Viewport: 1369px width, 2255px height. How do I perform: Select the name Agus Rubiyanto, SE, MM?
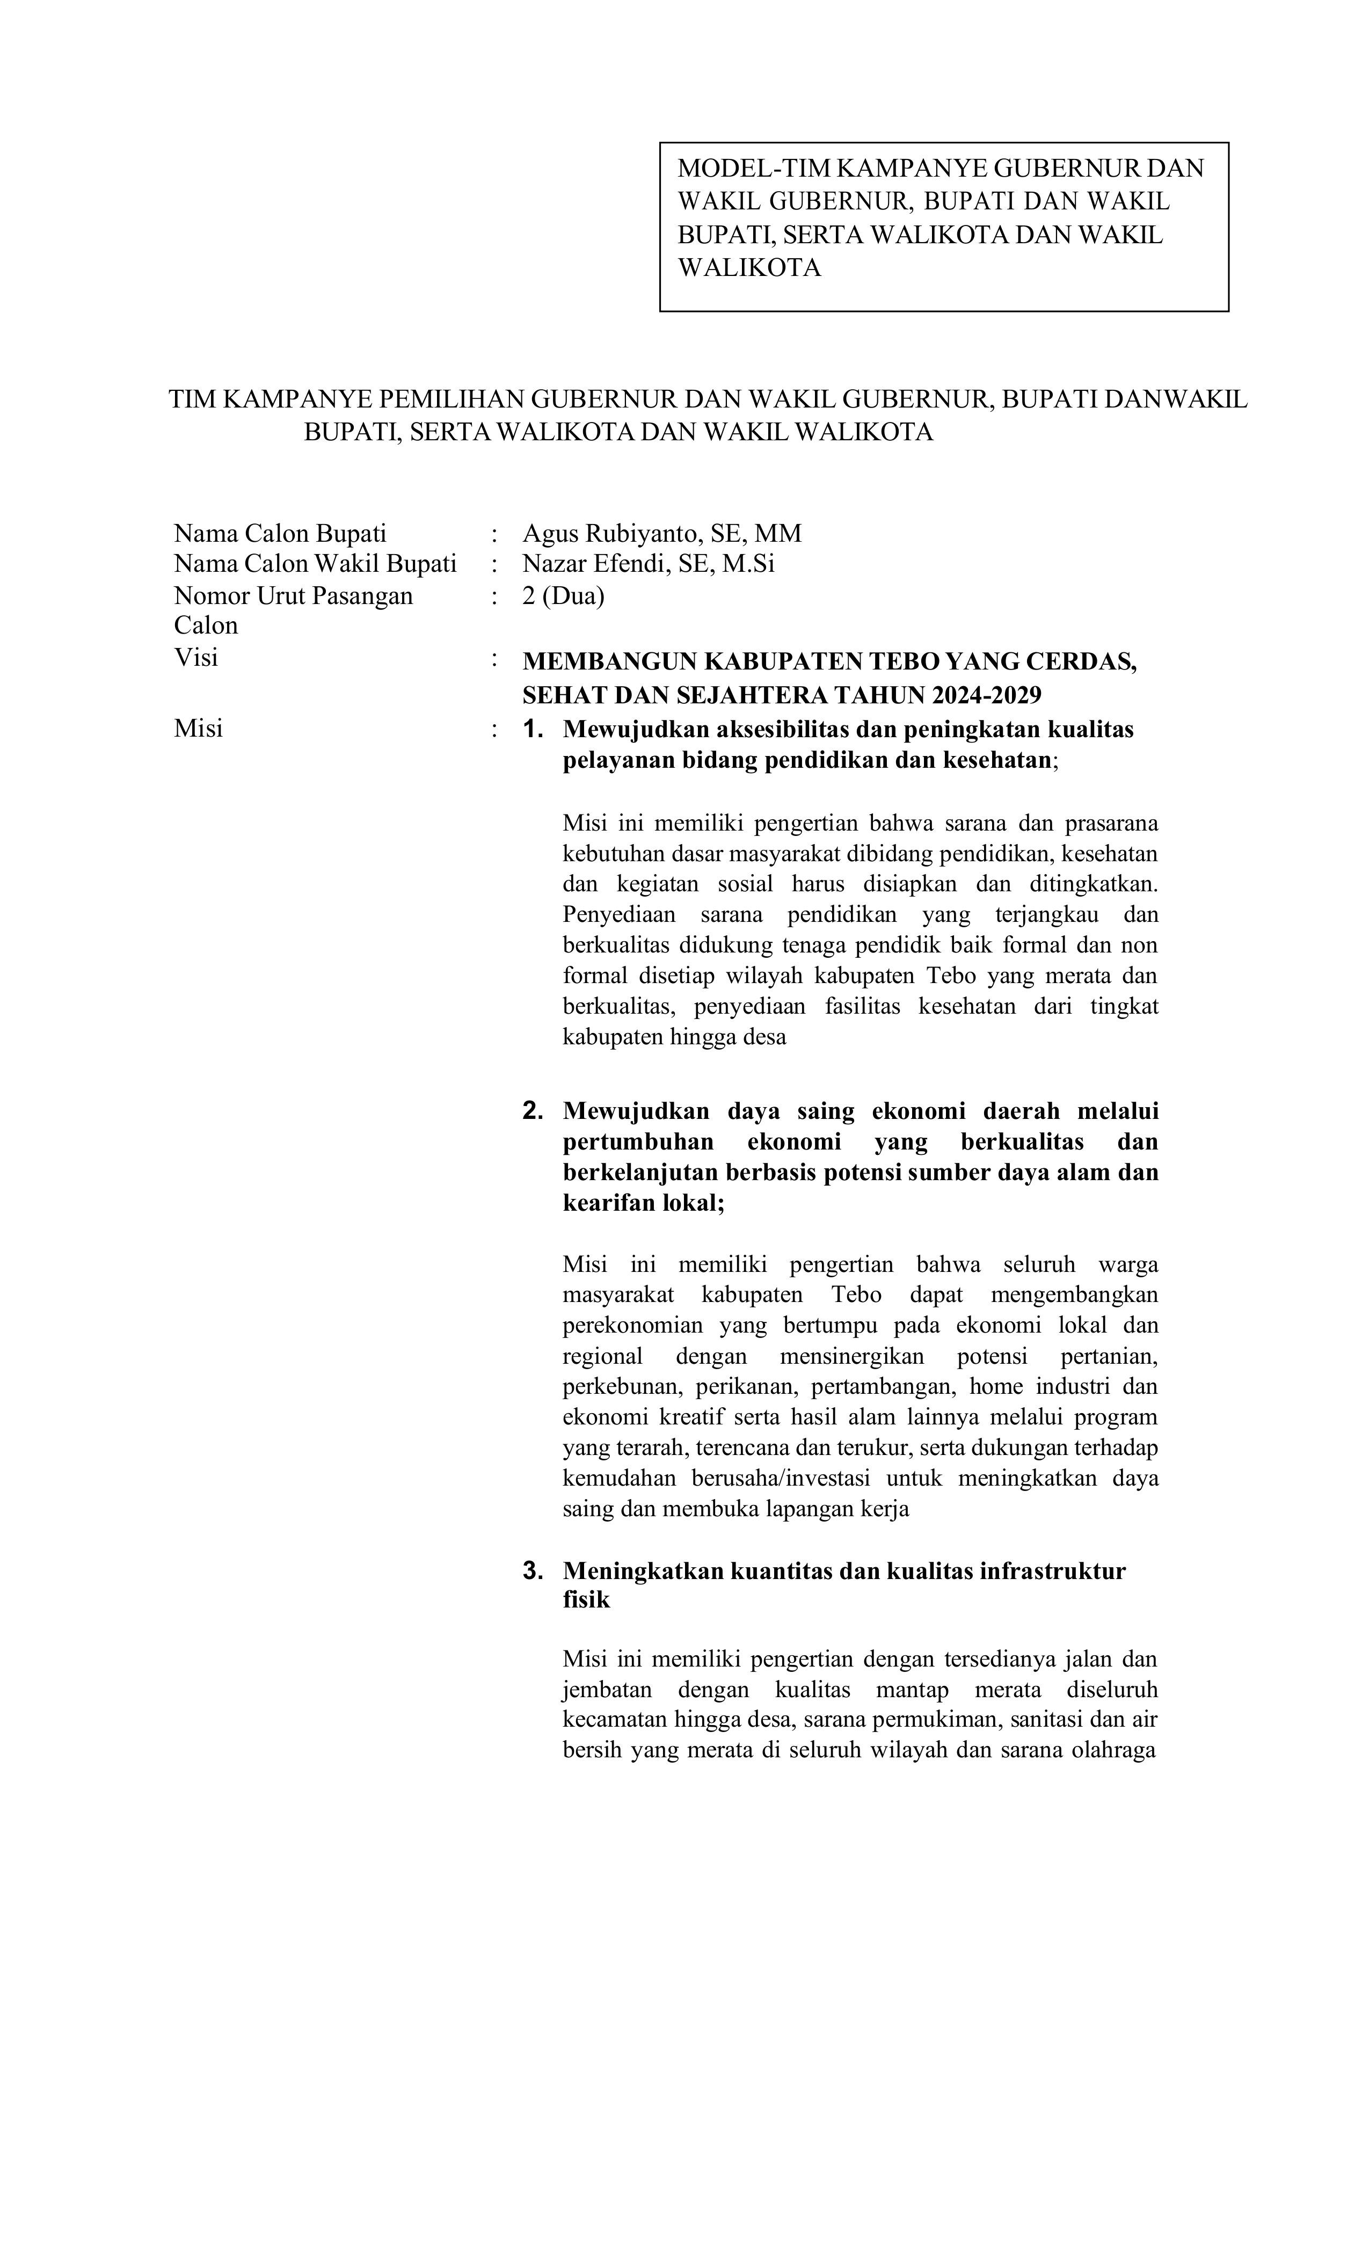coord(661,534)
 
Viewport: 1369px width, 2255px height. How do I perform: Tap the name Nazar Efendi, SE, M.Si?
coord(648,564)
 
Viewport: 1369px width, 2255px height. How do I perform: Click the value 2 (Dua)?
coord(563,596)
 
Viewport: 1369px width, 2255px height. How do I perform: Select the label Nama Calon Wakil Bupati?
coord(315,564)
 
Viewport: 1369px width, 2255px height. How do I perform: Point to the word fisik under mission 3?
coord(586,1600)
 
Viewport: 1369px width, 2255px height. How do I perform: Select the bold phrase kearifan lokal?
coord(643,1203)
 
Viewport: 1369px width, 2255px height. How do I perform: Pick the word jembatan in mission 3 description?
coord(608,1690)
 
